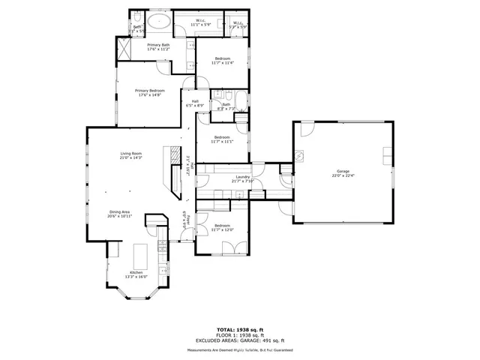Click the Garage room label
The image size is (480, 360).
343,172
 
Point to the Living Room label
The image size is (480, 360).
131,154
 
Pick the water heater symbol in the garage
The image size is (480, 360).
298,157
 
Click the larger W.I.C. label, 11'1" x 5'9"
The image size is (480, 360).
201,21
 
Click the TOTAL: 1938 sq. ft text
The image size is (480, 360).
240,329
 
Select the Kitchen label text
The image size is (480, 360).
136,272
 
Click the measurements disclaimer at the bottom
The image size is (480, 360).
240,349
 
